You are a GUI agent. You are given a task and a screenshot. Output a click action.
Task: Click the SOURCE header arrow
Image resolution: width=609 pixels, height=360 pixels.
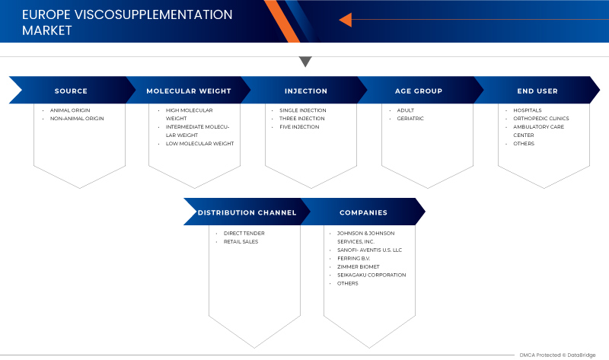pyautogui.click(x=71, y=91)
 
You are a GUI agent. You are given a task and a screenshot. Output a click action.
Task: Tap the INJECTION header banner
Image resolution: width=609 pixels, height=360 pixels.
pyautogui.click(x=306, y=91)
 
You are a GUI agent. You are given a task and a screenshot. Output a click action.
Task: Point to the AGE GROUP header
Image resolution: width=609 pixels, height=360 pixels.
pyautogui.click(x=418, y=91)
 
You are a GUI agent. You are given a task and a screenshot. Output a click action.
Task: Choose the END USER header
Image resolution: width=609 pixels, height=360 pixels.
pyautogui.click(x=537, y=91)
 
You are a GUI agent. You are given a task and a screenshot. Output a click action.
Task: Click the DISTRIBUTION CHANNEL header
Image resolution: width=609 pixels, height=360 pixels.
pyautogui.click(x=247, y=212)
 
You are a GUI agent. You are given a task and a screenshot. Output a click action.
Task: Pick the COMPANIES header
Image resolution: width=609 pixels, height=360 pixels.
pyautogui.click(x=363, y=212)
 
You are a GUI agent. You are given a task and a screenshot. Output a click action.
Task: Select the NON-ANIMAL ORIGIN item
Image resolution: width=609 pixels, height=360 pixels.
pyautogui.click(x=77, y=119)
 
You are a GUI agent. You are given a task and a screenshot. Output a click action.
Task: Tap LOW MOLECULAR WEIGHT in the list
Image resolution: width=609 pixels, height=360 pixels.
pyautogui.click(x=199, y=143)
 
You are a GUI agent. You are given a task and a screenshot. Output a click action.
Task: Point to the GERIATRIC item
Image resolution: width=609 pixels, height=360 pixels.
pyautogui.click(x=410, y=119)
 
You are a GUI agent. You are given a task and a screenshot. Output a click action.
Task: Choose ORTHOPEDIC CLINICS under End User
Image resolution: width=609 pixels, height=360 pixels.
pyautogui.click(x=540, y=119)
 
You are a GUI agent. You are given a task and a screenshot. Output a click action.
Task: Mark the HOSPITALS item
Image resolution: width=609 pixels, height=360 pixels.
pyautogui.click(x=527, y=110)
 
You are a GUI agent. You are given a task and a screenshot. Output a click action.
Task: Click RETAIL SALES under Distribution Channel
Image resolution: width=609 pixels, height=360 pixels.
pyautogui.click(x=241, y=241)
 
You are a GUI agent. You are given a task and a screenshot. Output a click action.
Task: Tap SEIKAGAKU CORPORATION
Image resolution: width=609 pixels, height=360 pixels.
pyautogui.click(x=371, y=275)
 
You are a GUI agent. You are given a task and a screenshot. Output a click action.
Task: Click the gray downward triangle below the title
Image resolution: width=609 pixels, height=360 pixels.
pyautogui.click(x=305, y=62)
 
